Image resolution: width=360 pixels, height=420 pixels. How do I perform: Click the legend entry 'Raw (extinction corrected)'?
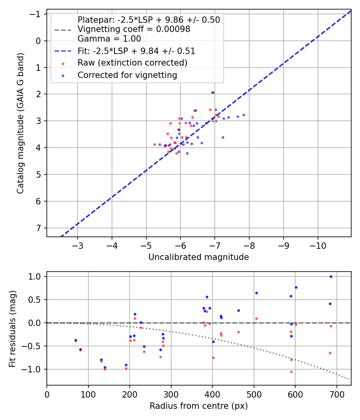132,63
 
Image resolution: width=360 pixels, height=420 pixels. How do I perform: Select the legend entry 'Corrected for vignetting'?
127,75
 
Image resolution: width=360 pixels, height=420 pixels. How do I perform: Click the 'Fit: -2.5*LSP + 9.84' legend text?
136,51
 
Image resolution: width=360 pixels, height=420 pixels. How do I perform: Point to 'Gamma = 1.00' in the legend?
109,39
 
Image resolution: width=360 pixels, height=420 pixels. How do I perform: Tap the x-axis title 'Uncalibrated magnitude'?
198,257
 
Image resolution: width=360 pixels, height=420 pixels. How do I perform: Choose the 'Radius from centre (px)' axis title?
198,406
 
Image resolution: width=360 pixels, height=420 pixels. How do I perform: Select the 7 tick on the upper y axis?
39,228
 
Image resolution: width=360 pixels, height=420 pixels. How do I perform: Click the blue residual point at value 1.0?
331,276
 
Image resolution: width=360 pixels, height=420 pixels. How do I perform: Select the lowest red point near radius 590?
291,372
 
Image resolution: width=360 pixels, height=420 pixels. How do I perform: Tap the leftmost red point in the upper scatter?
154,144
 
